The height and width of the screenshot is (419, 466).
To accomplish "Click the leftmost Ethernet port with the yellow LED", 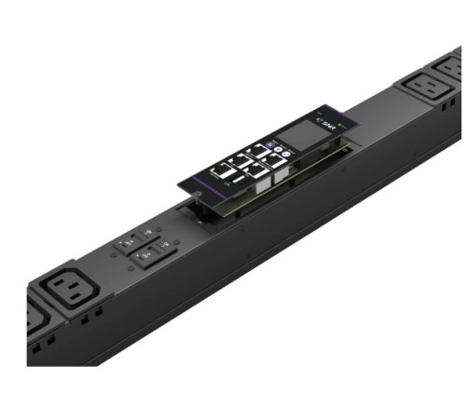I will click(224, 172).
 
